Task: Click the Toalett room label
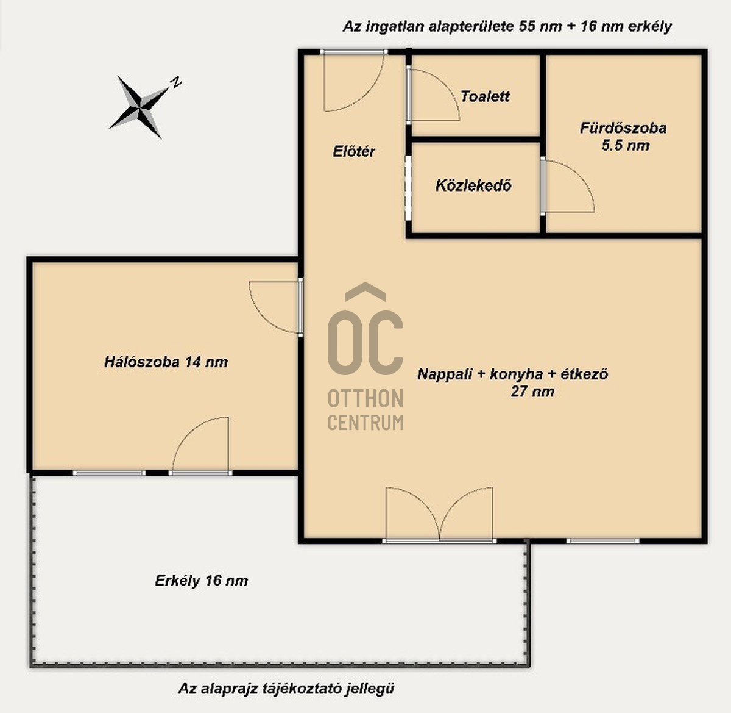[485, 96]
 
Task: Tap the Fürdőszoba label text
[623, 128]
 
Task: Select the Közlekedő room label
[474, 185]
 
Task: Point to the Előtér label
[354, 151]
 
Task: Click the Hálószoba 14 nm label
[166, 362]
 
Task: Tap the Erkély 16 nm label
[202, 581]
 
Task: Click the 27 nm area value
[532, 392]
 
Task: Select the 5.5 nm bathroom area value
[626, 145]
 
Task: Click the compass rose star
[139, 107]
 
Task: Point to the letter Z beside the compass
[176, 82]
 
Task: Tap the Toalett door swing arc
[434, 95]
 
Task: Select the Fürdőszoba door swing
[568, 186]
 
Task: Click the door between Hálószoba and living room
[275, 307]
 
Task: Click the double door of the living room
[439, 514]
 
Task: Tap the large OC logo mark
[365, 329]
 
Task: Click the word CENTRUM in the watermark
[365, 422]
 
